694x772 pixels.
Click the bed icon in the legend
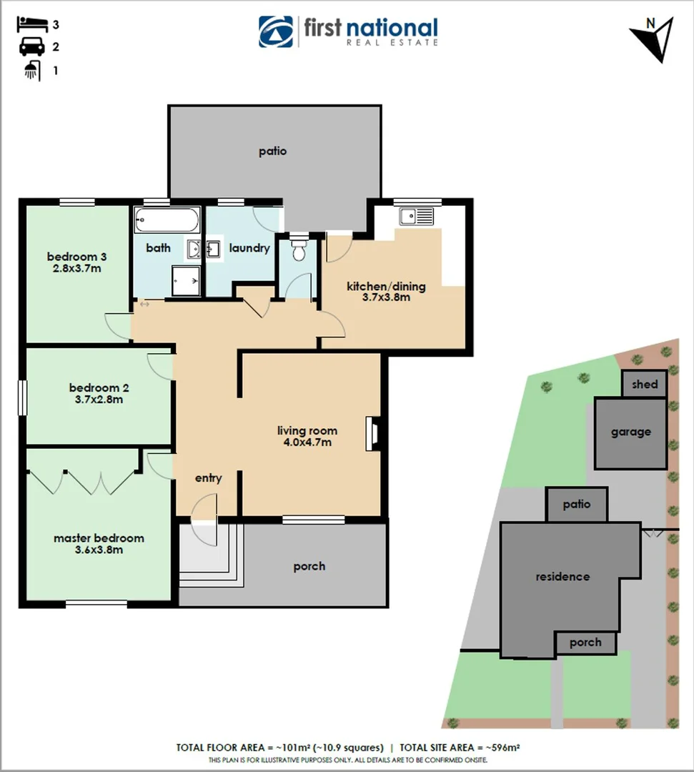coord(31,24)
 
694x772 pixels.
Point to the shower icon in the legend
coord(31,71)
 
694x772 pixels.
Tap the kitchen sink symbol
coord(417,216)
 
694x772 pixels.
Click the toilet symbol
coord(298,249)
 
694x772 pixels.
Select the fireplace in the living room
coord(372,434)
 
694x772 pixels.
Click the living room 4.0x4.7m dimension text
coord(307,442)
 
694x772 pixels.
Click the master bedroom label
coord(99,538)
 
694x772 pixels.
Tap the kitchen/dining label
coord(386,287)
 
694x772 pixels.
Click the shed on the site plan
coord(645,384)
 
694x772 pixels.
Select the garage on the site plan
coord(631,432)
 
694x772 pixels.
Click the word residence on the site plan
coord(562,576)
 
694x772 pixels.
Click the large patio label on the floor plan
coord(273,151)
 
